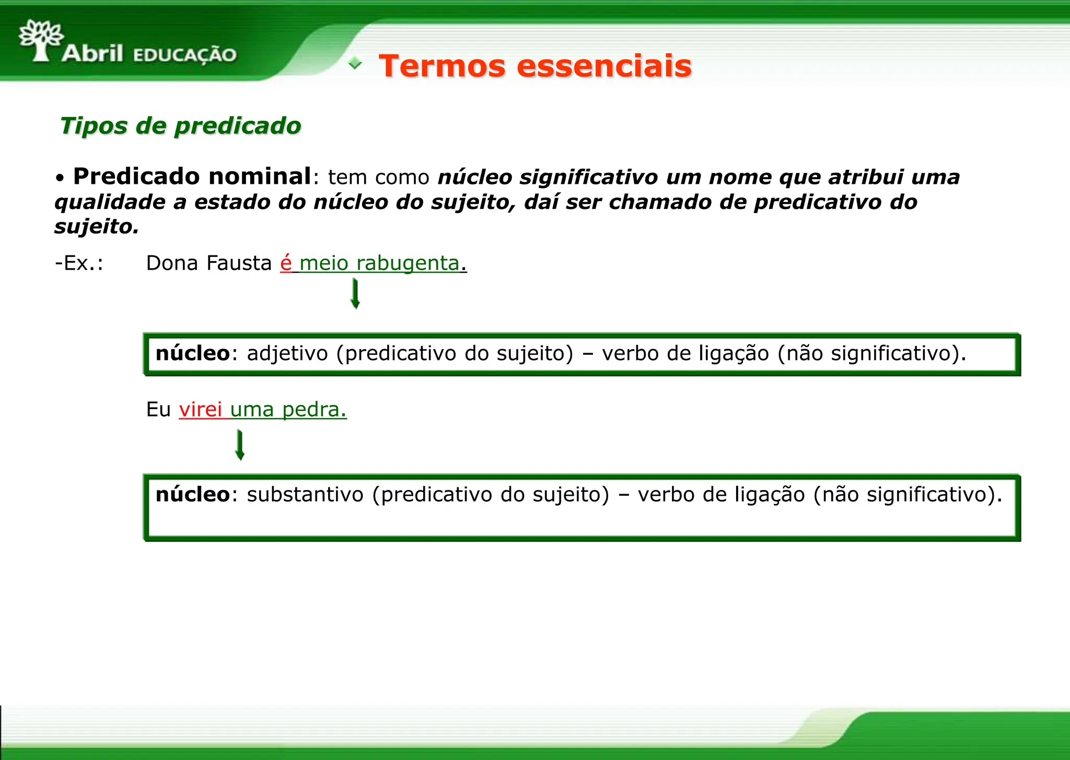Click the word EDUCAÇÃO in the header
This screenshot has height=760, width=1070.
[185, 55]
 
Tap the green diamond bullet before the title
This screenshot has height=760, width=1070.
[355, 63]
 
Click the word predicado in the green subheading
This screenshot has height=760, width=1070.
[237, 126]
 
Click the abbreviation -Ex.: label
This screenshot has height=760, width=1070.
[79, 263]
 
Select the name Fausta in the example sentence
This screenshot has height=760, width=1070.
[239, 263]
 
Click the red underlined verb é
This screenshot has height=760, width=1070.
[286, 263]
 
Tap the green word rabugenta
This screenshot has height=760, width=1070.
[408, 263]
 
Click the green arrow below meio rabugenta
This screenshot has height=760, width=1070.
[355, 294]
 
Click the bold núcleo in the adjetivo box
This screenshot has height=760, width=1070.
[192, 354]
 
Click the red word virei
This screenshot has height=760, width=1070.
[201, 410]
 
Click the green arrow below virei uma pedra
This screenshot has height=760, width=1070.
[240, 445]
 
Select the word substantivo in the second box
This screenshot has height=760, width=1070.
[305, 495]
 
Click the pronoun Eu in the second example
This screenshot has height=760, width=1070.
[158, 410]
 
